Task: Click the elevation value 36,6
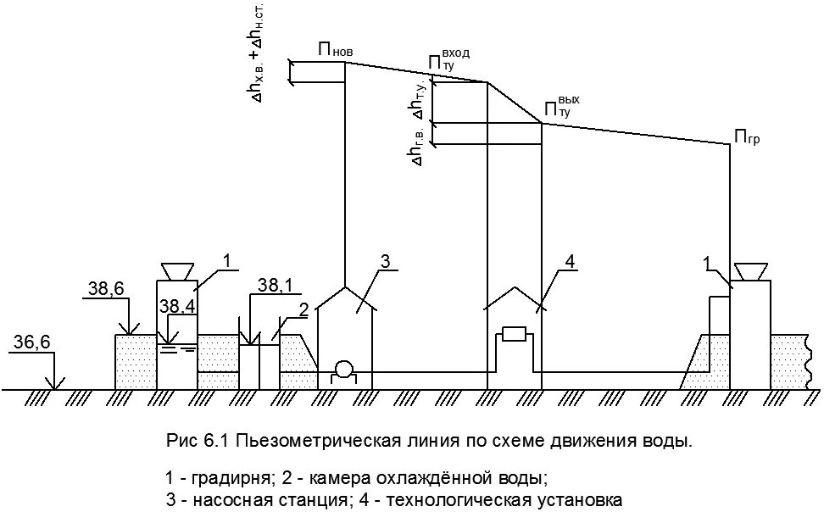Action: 33,342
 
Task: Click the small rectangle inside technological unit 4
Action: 515,333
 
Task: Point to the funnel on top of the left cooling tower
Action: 176,270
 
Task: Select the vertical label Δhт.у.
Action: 417,100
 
